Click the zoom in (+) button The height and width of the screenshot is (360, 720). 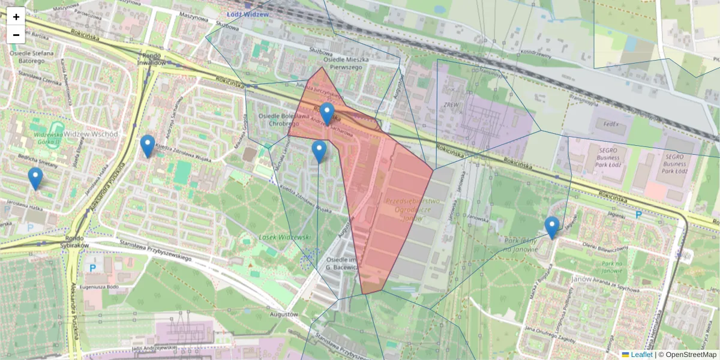click(x=16, y=17)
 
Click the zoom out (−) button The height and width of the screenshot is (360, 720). click(x=16, y=35)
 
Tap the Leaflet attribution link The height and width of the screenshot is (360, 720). click(x=641, y=355)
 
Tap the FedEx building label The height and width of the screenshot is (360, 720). click(x=612, y=125)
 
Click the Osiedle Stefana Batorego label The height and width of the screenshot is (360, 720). click(x=32, y=57)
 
